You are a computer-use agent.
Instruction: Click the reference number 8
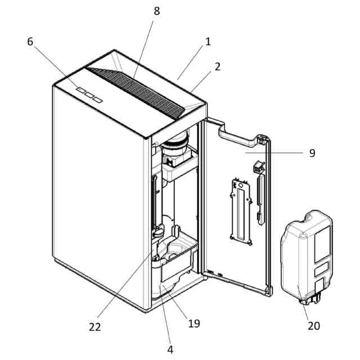click(x=156, y=11)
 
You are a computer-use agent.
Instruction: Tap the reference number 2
click(x=217, y=66)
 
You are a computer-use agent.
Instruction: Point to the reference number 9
click(x=312, y=152)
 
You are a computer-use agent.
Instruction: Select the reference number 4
click(x=170, y=349)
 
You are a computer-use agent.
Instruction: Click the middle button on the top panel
click(x=89, y=94)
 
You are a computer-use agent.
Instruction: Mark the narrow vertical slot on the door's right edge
click(x=260, y=197)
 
